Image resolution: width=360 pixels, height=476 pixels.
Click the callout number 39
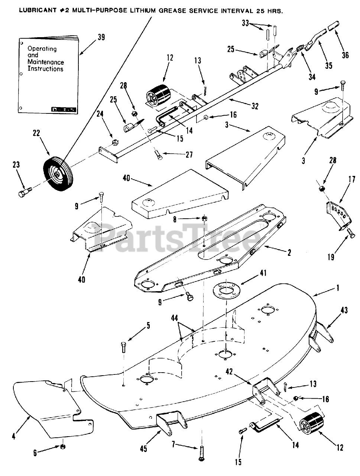pos(101,37)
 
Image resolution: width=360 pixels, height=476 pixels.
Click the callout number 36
pos(345,55)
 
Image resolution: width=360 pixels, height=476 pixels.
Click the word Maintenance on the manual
pos(46,62)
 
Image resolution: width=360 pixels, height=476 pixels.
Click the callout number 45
pos(143,449)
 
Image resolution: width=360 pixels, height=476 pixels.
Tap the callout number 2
pos(289,253)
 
